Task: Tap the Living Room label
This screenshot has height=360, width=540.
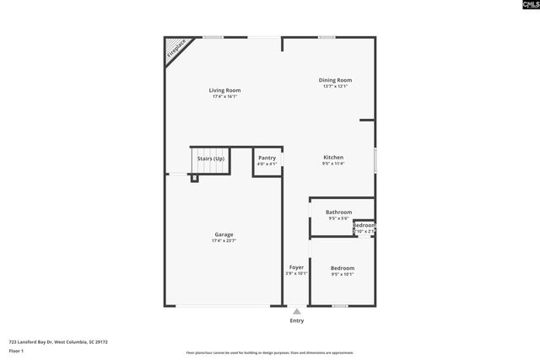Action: point(224,90)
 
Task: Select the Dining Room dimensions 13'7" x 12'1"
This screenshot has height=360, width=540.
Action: point(334,86)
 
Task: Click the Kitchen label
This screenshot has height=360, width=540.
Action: point(333,157)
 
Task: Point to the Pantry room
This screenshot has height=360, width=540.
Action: point(267,160)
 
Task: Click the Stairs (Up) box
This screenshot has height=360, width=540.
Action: point(210,159)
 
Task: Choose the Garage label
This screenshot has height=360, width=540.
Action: point(224,234)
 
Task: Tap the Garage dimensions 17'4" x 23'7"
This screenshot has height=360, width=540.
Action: point(224,241)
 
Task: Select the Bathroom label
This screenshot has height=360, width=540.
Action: point(338,212)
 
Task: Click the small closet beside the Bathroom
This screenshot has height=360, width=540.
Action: point(364,228)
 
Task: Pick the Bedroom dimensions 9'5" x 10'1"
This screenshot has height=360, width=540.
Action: point(342,274)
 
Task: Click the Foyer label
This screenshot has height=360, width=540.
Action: point(296,267)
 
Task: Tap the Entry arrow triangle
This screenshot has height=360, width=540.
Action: point(296,311)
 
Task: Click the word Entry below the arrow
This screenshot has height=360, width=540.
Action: point(296,320)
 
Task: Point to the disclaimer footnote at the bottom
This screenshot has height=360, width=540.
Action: point(269,353)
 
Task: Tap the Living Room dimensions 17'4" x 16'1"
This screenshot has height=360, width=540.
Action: point(224,97)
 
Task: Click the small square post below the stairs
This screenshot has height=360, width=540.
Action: point(194,178)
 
